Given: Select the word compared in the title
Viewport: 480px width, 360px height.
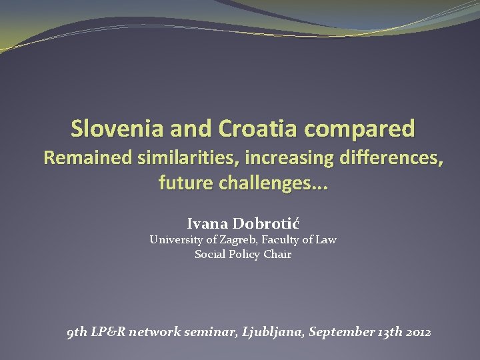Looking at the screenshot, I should (363, 128).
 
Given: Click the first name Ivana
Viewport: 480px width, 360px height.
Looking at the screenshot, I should (207, 223).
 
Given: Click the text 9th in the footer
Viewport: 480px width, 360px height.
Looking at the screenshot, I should (77, 331).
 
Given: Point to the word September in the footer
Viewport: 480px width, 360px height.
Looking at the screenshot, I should (339, 331).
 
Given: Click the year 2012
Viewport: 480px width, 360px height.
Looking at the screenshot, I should (417, 331).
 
